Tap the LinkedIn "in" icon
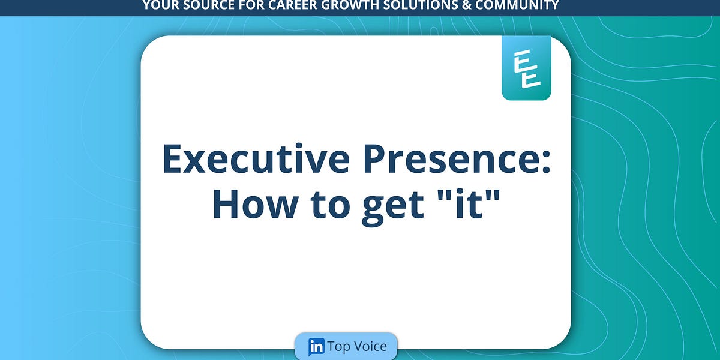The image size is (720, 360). click(x=316, y=347)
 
